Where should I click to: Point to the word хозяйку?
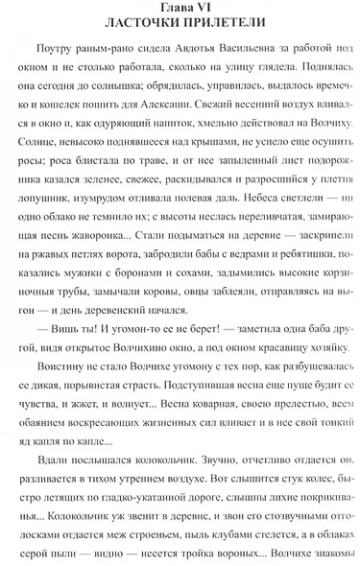tap(326, 329)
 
